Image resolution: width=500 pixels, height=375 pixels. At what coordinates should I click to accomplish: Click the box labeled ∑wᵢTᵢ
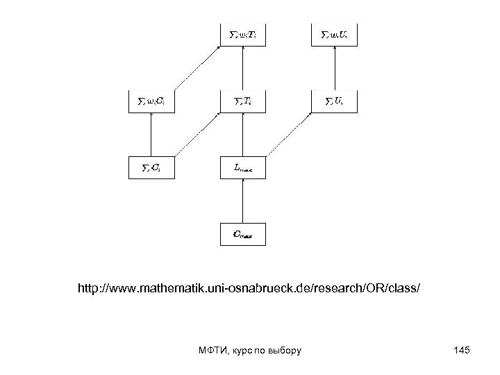(x=242, y=34)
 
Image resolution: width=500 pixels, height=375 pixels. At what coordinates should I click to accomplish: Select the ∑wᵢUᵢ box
(x=335, y=34)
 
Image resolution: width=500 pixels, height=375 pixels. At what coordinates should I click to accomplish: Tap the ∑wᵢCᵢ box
(x=150, y=101)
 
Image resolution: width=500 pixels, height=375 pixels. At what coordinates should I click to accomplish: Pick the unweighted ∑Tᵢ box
(x=242, y=101)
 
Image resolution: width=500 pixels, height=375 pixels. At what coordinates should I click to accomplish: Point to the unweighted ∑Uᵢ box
(x=335, y=101)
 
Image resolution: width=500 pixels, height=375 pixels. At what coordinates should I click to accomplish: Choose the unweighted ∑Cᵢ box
(x=150, y=167)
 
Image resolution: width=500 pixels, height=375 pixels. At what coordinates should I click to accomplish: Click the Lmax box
(x=242, y=167)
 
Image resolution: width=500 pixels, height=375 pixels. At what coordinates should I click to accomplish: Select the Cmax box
(x=242, y=234)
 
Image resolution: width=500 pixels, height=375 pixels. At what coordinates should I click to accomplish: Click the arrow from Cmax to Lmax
(x=242, y=201)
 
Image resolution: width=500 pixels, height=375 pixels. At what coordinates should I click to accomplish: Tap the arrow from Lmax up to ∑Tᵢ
(x=242, y=135)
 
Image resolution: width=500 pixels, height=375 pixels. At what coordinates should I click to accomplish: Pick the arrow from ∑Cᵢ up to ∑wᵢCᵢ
(x=150, y=135)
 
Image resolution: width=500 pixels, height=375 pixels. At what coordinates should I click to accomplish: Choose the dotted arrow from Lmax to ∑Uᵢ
(x=289, y=134)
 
